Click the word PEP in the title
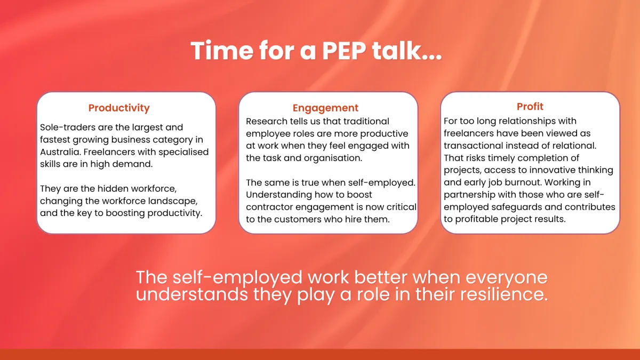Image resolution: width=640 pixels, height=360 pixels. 344,51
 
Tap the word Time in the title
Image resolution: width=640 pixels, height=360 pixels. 222,51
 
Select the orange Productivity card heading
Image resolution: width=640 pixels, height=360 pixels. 119,108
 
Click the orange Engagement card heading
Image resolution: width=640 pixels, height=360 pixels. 325,108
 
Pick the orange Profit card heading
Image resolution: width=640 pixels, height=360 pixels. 530,106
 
